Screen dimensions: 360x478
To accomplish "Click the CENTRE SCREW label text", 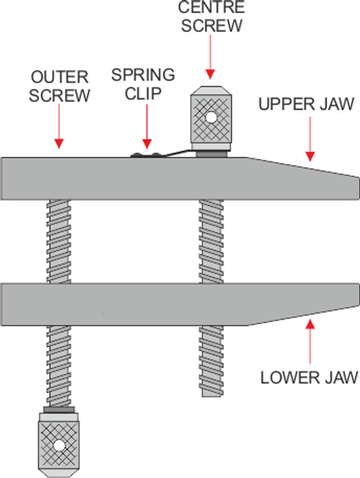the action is point(211,16).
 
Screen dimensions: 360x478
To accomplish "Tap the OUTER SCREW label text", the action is point(59,86).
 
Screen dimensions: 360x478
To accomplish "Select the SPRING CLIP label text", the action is point(143,84).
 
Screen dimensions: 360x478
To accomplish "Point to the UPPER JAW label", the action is point(306,104).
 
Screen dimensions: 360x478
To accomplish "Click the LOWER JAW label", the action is point(309,377).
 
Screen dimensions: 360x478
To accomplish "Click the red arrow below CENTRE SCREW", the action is point(211,57).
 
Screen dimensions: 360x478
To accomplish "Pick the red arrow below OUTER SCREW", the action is point(59,126).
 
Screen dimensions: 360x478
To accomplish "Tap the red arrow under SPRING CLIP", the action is point(147,127).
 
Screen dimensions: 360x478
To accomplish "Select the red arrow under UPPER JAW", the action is point(310,139).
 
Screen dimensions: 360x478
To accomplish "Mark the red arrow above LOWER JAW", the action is point(310,341).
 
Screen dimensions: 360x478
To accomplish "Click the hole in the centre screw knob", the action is point(211,117).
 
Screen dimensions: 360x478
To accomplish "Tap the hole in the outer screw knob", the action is point(58,446).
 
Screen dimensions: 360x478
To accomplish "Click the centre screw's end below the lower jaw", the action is point(212,392).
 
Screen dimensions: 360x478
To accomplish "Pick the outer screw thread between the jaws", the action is point(58,242).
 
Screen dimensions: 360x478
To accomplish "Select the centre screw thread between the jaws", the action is point(211,242).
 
